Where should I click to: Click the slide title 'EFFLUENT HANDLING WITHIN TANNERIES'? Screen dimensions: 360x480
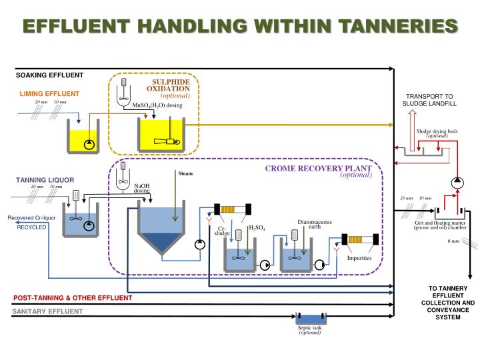pos(240,26)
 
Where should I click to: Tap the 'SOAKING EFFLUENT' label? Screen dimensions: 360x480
pos(50,75)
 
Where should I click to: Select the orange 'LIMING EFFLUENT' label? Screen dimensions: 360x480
pos(49,93)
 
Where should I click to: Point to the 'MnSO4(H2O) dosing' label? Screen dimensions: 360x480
pos(157,105)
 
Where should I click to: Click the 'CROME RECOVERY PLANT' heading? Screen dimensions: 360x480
pos(318,169)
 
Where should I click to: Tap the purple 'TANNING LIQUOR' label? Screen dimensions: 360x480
pos(45,180)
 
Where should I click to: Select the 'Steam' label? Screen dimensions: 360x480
pos(185,174)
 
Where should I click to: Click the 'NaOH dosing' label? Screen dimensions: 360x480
pos(142,189)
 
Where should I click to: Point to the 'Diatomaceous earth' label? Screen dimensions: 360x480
pos(310,224)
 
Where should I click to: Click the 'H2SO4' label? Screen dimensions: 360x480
pos(257,228)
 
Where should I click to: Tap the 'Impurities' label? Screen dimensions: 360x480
pos(359,258)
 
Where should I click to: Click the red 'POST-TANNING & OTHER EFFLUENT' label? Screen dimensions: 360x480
pos(73,297)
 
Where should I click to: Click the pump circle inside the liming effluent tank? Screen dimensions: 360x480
pos(89,144)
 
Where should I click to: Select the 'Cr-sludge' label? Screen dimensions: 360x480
pos(222,231)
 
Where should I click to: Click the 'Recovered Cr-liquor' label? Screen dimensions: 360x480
pos(31,218)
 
